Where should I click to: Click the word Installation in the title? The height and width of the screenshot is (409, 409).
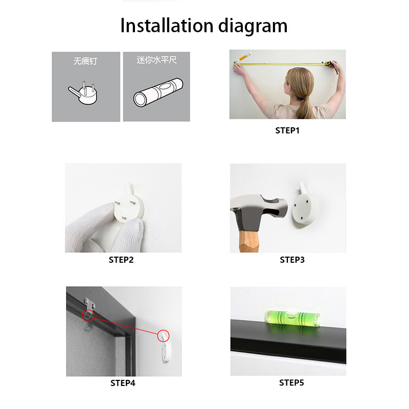pyautogui.click(x=167, y=26)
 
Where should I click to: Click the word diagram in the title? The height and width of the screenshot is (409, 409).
pyautogui.click(x=253, y=27)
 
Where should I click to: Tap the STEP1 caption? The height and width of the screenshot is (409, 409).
pyautogui.click(x=287, y=130)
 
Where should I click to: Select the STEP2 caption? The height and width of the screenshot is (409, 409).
pyautogui.click(x=121, y=260)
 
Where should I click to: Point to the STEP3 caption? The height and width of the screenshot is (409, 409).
pyautogui.click(x=292, y=260)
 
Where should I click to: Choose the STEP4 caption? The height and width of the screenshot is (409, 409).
pyautogui.click(x=123, y=383)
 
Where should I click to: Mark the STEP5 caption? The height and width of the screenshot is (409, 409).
pyautogui.click(x=291, y=382)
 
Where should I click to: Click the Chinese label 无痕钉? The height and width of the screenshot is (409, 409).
pyautogui.click(x=85, y=61)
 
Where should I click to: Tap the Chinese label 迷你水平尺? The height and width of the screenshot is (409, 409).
pyautogui.click(x=156, y=60)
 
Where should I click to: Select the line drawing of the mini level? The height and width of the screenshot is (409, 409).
pyautogui.click(x=158, y=92)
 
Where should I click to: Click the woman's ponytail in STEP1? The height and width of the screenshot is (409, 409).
pyautogui.click(x=306, y=107)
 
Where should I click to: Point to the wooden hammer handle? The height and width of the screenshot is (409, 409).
pyautogui.click(x=248, y=241)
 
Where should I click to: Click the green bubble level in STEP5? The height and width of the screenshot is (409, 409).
pyautogui.click(x=292, y=318)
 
